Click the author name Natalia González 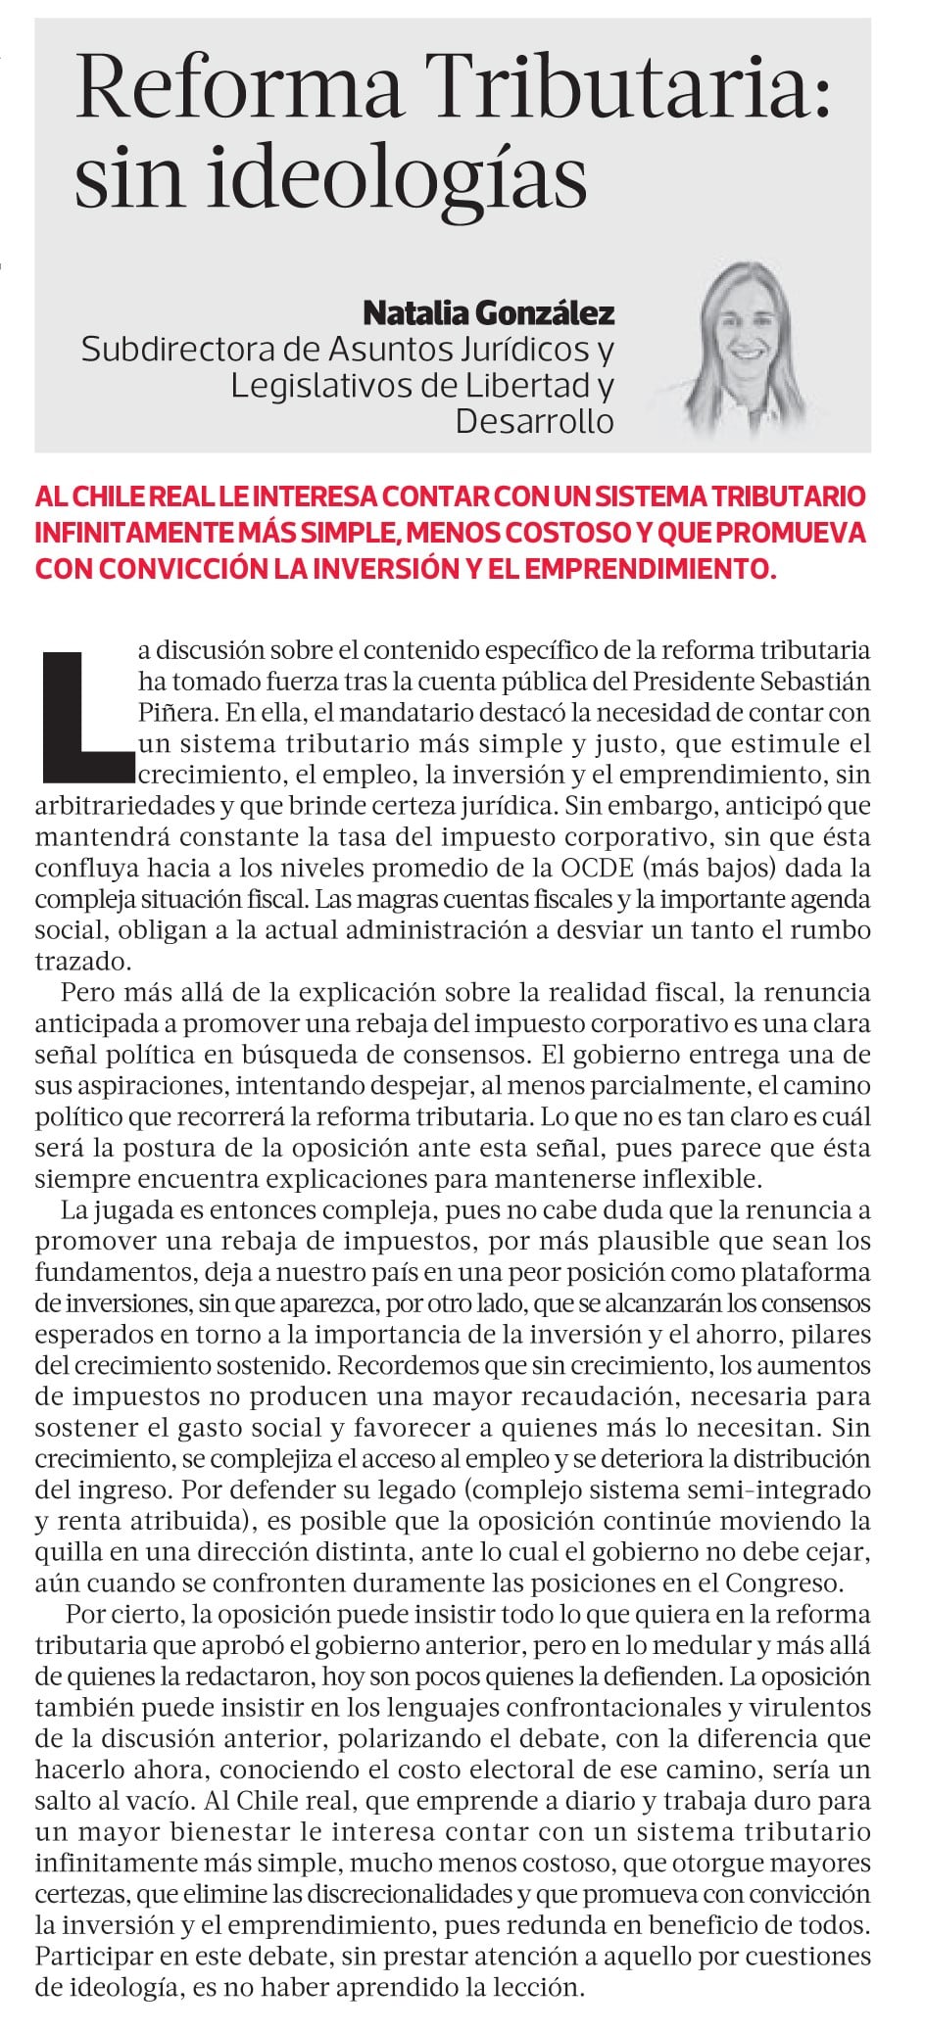[x=488, y=313]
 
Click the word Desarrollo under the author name [x=534, y=421]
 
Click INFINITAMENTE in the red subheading [x=131, y=533]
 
